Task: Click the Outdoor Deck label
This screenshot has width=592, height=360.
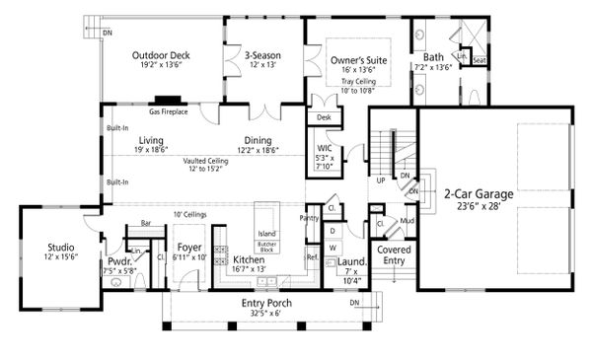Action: click(x=161, y=56)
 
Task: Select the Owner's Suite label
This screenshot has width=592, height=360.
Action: click(x=356, y=60)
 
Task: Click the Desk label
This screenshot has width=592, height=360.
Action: click(x=324, y=117)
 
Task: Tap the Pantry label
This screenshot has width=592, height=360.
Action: click(x=309, y=217)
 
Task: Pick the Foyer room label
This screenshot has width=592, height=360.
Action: click(x=188, y=247)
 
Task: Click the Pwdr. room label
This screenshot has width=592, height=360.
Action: click(x=116, y=262)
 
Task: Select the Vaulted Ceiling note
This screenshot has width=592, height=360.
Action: click(x=205, y=160)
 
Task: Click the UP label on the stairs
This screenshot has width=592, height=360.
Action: click(x=380, y=181)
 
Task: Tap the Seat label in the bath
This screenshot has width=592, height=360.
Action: click(x=480, y=60)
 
